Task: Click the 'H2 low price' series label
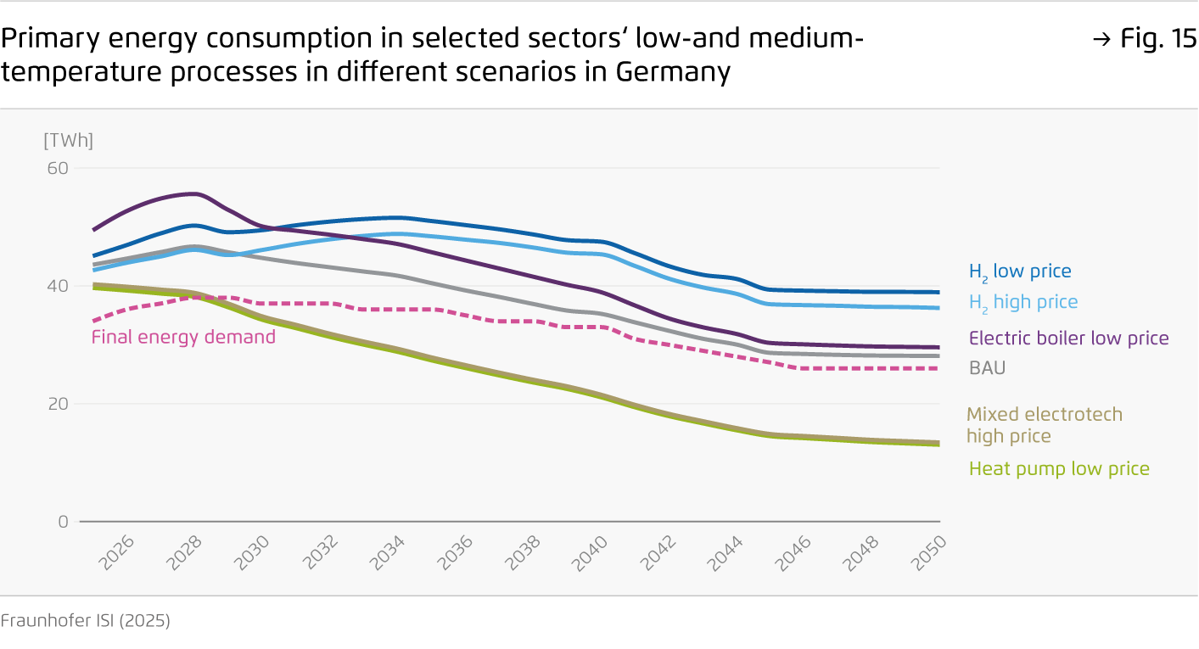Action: (1020, 271)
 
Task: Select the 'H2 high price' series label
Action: (1023, 302)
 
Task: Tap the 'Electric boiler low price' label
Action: (1068, 338)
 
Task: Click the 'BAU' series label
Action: (987, 368)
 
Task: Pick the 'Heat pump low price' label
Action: (1059, 469)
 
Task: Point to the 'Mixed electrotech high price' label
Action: (1044, 425)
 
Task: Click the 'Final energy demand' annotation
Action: (183, 337)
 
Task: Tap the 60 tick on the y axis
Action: (58, 168)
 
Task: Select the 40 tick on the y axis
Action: (58, 286)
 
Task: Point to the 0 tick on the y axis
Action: (63, 521)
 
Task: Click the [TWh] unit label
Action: (68, 141)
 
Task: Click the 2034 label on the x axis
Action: (390, 553)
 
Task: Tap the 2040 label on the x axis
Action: (596, 553)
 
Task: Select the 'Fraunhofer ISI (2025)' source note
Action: (85, 621)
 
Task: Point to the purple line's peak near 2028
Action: (194, 193)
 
